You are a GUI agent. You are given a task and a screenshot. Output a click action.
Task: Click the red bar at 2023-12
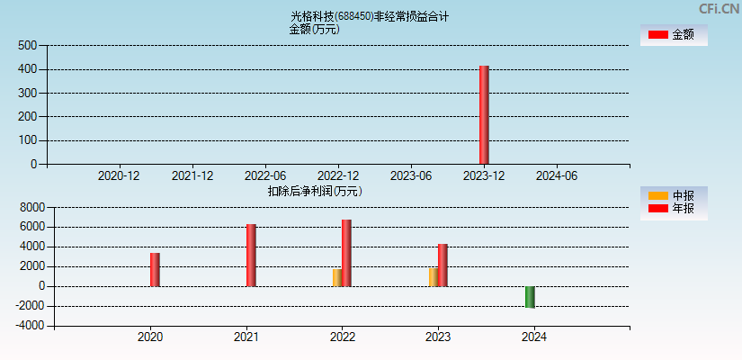pyautogui.click(x=484, y=115)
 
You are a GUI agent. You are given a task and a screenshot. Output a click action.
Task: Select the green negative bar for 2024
pyautogui.click(x=530, y=297)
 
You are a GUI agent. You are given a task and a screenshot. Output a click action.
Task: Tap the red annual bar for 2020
pyautogui.click(x=155, y=270)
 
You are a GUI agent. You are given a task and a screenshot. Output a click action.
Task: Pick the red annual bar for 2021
pyautogui.click(x=251, y=256)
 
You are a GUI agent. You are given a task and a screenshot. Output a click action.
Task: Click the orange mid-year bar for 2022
pyautogui.click(x=336, y=277)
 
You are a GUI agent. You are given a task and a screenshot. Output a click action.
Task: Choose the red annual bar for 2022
pyautogui.click(x=346, y=253)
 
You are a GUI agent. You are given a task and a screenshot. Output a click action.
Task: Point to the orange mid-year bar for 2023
pyautogui.click(x=433, y=276)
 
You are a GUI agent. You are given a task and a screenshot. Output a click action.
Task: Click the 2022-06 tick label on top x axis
pyautogui.click(x=265, y=175)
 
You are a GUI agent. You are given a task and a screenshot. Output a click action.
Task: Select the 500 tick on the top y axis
pyautogui.click(x=27, y=45)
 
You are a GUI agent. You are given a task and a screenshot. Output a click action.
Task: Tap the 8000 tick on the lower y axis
pyautogui.click(x=31, y=207)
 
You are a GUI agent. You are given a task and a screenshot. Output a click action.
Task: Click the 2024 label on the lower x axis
pyautogui.click(x=534, y=337)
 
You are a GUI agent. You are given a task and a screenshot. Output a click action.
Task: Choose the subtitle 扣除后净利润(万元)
pyautogui.click(x=315, y=191)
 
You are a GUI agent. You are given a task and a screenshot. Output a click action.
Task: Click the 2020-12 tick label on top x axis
pyautogui.click(x=119, y=175)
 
